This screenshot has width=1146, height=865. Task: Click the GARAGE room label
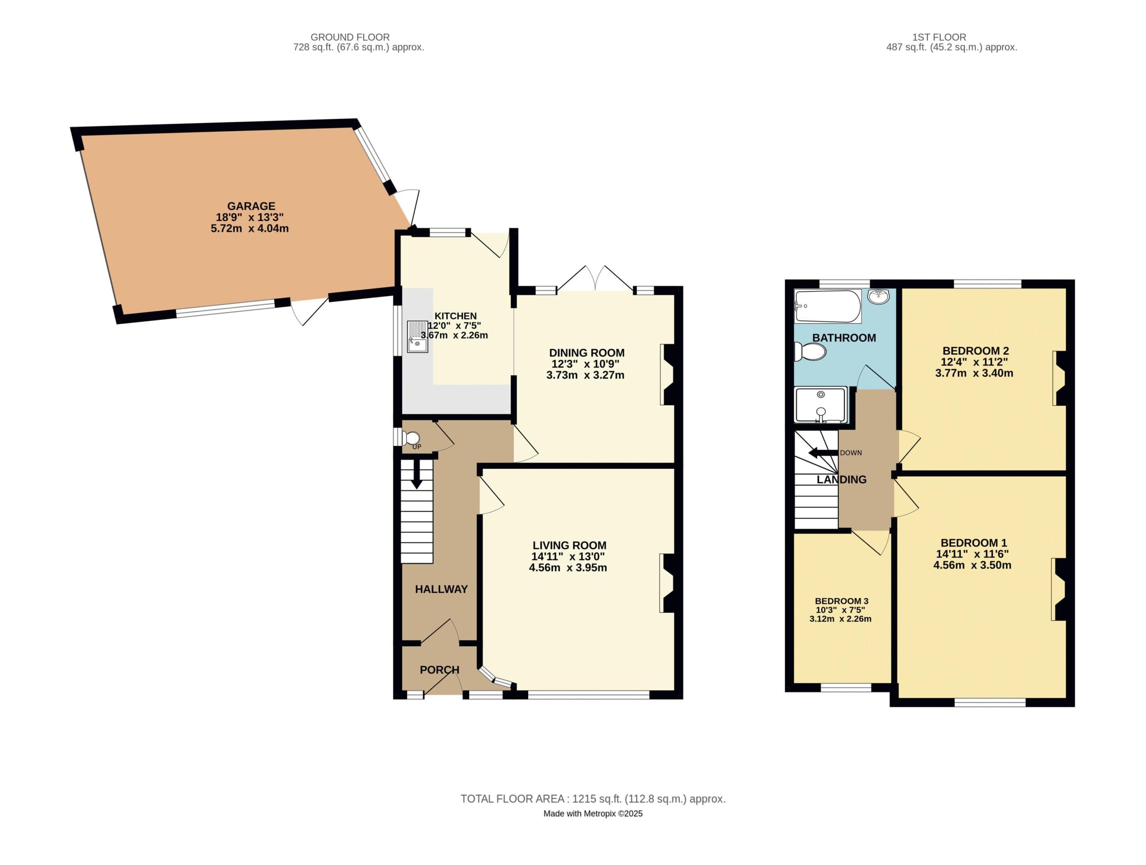click(x=251, y=206)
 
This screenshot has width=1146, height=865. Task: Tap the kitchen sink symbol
click(x=418, y=337)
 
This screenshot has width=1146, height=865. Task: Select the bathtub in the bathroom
click(x=828, y=306)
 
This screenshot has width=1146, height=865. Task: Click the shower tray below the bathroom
click(x=821, y=405)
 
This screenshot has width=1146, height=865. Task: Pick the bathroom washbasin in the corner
click(x=879, y=297)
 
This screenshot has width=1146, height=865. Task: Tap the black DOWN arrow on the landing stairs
click(x=823, y=453)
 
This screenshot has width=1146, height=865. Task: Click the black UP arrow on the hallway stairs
click(x=416, y=475)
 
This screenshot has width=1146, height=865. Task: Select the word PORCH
click(x=439, y=670)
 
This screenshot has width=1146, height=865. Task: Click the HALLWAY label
click(x=442, y=589)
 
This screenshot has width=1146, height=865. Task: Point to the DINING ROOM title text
click(x=587, y=352)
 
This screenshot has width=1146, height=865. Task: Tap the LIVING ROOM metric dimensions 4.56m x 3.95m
click(x=568, y=567)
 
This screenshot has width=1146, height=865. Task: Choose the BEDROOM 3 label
click(x=842, y=601)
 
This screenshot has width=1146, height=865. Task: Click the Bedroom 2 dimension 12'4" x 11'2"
click(x=975, y=362)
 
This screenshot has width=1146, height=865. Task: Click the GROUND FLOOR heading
click(x=350, y=37)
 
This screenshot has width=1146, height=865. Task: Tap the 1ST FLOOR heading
click(x=939, y=37)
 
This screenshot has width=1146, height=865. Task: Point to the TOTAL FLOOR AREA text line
click(x=593, y=799)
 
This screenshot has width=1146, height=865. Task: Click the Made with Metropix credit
click(x=593, y=813)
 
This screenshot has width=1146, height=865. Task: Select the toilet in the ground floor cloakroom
click(x=412, y=438)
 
